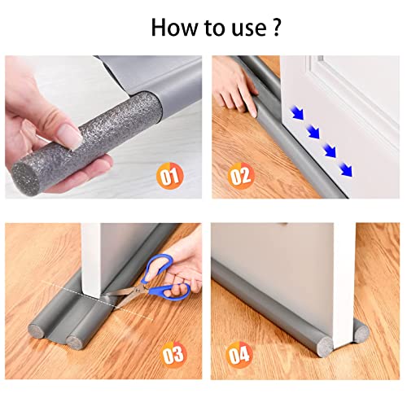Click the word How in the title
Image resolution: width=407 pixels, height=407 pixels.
click(174, 27)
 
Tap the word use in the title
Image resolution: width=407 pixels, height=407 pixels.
click(249, 29)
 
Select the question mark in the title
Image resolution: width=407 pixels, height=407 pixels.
click(276, 27)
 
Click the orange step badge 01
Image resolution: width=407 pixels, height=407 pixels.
click(170, 176)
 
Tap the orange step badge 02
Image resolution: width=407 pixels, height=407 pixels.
click(241, 176)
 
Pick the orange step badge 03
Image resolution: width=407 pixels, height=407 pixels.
click(173, 355)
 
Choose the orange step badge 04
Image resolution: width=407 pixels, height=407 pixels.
click(239, 355)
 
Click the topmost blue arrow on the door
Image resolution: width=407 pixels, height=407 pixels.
click(297, 113)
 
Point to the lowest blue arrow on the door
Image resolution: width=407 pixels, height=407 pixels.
click(346, 170)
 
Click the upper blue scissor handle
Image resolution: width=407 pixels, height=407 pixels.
click(158, 267)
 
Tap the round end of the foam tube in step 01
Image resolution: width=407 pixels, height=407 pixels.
click(26, 177)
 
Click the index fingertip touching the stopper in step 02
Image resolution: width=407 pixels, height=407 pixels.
click(254, 112)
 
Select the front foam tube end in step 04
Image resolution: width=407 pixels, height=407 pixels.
click(324, 346)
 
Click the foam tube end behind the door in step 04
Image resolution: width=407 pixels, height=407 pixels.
click(361, 333)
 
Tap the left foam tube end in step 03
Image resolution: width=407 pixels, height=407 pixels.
click(36, 331)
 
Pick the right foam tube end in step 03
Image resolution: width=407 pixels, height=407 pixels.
click(75, 343)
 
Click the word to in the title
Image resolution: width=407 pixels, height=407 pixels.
click(214, 28)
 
